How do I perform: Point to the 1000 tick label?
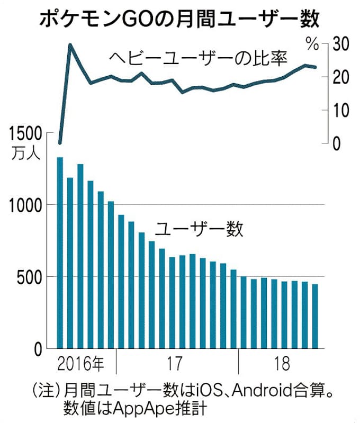[x=24, y=205]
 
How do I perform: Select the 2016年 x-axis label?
[x=80, y=365]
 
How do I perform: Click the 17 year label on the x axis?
[x=175, y=365]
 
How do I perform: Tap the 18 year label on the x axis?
[x=283, y=365]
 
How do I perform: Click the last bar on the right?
[x=315, y=317]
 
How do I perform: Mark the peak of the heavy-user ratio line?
[x=70, y=45]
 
